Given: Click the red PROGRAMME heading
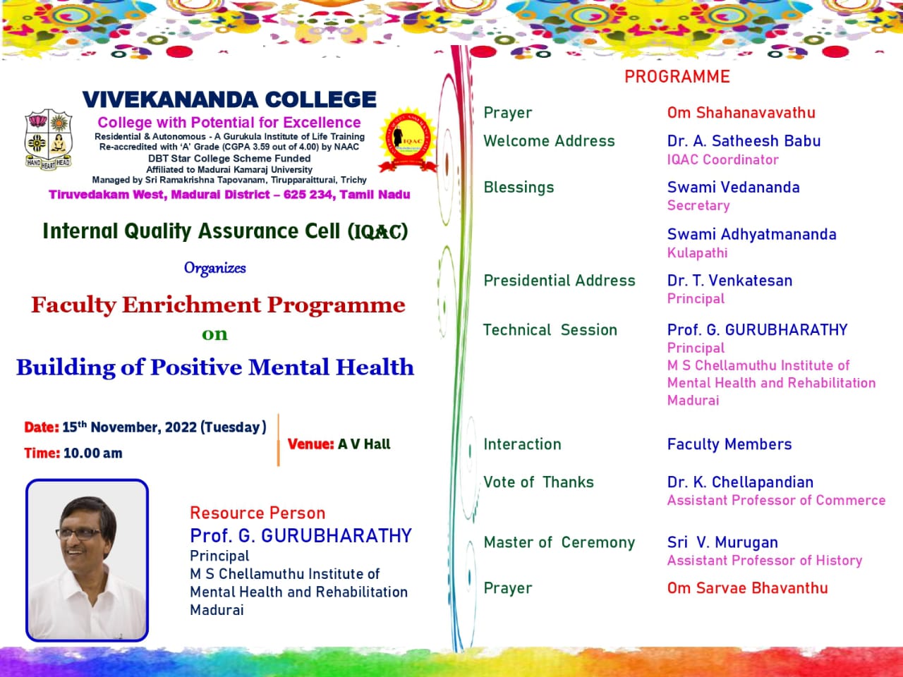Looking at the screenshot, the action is (x=677, y=77).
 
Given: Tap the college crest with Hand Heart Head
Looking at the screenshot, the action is (x=49, y=140).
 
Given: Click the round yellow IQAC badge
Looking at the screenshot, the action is (x=408, y=140).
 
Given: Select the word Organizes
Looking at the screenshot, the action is (x=214, y=268).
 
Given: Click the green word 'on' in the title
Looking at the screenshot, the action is (x=214, y=334).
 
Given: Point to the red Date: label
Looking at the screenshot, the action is (x=42, y=427).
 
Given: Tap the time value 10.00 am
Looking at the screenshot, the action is (x=93, y=453).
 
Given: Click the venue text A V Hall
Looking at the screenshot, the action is (x=364, y=444).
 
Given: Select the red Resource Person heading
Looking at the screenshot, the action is (x=257, y=513).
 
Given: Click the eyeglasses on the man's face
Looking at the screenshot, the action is (x=79, y=534).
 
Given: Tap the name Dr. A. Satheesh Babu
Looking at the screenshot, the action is (x=744, y=141).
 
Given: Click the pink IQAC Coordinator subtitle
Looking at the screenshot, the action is (x=723, y=159).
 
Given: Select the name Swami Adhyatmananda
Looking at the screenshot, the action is (x=751, y=234).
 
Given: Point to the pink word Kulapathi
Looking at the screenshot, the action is (x=697, y=252).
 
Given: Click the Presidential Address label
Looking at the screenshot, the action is (x=559, y=281).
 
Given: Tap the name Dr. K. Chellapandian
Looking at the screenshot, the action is (x=740, y=482).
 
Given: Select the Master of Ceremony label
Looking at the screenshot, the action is (x=559, y=542).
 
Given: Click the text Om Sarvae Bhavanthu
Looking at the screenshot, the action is (x=748, y=588).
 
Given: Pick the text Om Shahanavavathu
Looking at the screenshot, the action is (x=741, y=113).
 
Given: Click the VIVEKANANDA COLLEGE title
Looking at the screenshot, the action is (x=229, y=99).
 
